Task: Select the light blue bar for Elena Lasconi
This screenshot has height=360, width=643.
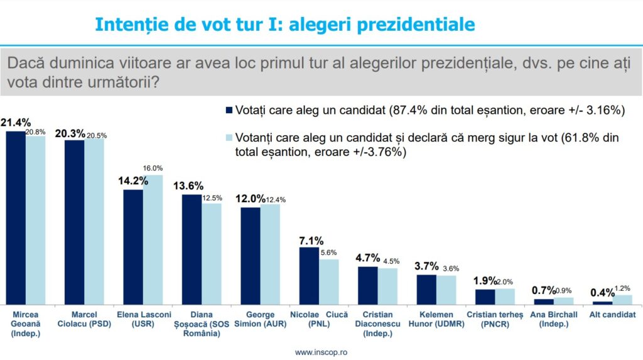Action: [153, 239]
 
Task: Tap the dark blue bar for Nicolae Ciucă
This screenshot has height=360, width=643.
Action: [308, 276]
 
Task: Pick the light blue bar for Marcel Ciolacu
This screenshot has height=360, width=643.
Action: [94, 221]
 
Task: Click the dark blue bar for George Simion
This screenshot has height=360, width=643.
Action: [251, 256]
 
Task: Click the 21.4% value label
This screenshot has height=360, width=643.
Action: [16, 123]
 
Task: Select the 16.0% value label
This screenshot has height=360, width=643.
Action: [153, 168]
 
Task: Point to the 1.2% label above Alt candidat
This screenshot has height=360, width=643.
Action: [623, 289]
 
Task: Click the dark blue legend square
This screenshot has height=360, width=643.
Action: [229, 111]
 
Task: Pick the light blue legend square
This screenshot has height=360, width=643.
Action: [229, 137]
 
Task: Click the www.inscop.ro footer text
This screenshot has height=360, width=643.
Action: [321, 352]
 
